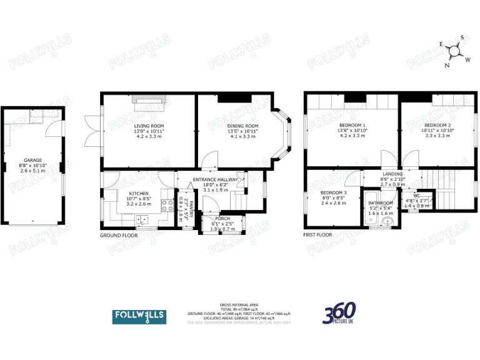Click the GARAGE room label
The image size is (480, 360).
tap(32, 159)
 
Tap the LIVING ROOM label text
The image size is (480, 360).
tap(149, 126)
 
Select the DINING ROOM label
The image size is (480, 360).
tap(242, 126)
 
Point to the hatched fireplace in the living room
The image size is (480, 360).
tap(149, 99)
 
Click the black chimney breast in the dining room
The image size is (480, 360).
tap(234, 98)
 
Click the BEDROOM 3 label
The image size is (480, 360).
tap(333, 192)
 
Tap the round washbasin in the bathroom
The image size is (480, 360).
tap(386, 221)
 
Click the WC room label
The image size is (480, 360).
tap(416, 195)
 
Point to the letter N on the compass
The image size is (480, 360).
tap(447, 65)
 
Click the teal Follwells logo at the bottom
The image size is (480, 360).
tap(139, 316)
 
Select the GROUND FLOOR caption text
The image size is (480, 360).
tap(119, 236)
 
